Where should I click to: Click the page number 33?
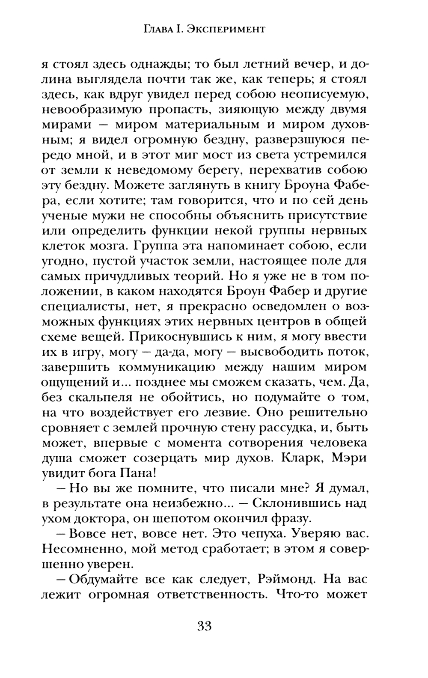pyautogui.click(x=205, y=626)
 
